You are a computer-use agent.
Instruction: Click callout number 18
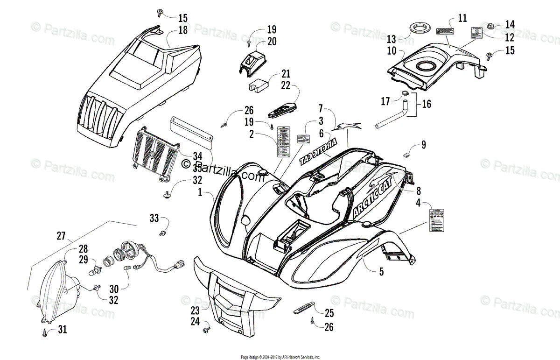pyautogui.click(x=182, y=31)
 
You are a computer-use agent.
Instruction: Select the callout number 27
pyautogui.click(x=61, y=236)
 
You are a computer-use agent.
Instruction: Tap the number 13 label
pyautogui.click(x=391, y=38)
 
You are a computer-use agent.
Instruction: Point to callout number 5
pyautogui.click(x=381, y=271)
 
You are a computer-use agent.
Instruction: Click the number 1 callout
pyautogui.click(x=200, y=192)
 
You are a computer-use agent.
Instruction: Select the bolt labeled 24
pyautogui.click(x=206, y=331)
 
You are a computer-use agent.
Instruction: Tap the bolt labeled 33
pyautogui.click(x=163, y=232)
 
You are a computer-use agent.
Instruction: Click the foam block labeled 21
pyautogui.click(x=259, y=85)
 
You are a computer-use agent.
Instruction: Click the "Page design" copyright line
pyautogui.click(x=280, y=356)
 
